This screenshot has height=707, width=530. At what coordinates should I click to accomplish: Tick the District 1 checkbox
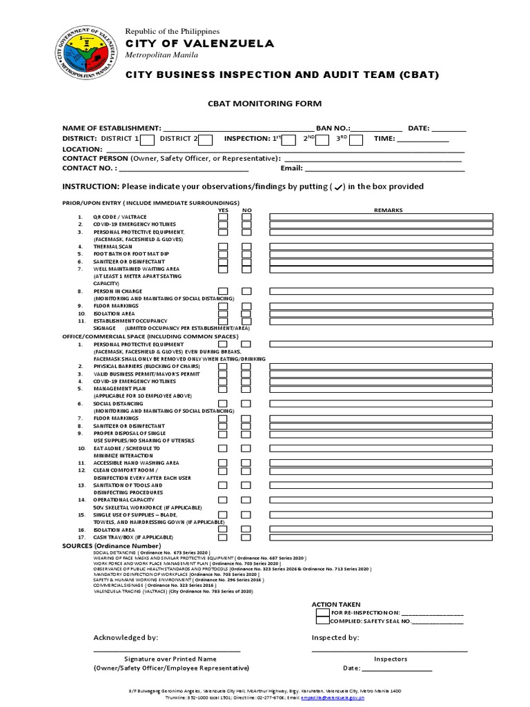coord(146,140)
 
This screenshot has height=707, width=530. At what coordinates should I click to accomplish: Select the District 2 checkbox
coord(206,140)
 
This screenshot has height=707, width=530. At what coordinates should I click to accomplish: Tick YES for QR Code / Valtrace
coord(224,217)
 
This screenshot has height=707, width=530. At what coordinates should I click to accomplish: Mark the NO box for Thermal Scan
coord(246,246)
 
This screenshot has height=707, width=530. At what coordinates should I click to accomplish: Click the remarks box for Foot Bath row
coord(381,254)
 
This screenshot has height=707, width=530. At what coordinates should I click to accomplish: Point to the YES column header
coord(224,210)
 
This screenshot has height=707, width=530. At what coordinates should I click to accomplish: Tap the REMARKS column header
coord(388,210)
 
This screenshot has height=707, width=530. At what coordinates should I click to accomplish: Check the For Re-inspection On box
coord(322,612)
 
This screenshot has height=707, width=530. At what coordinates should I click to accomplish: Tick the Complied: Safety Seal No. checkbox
coord(322,621)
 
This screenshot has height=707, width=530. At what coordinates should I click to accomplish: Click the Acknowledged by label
coord(126,637)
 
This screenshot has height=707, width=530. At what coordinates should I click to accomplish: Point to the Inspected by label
coord(335,637)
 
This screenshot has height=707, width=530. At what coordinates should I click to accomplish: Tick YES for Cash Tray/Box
coord(224,537)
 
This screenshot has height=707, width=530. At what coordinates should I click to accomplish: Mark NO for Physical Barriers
coord(246,367)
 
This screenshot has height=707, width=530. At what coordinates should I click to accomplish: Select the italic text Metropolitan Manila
coord(161,55)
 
